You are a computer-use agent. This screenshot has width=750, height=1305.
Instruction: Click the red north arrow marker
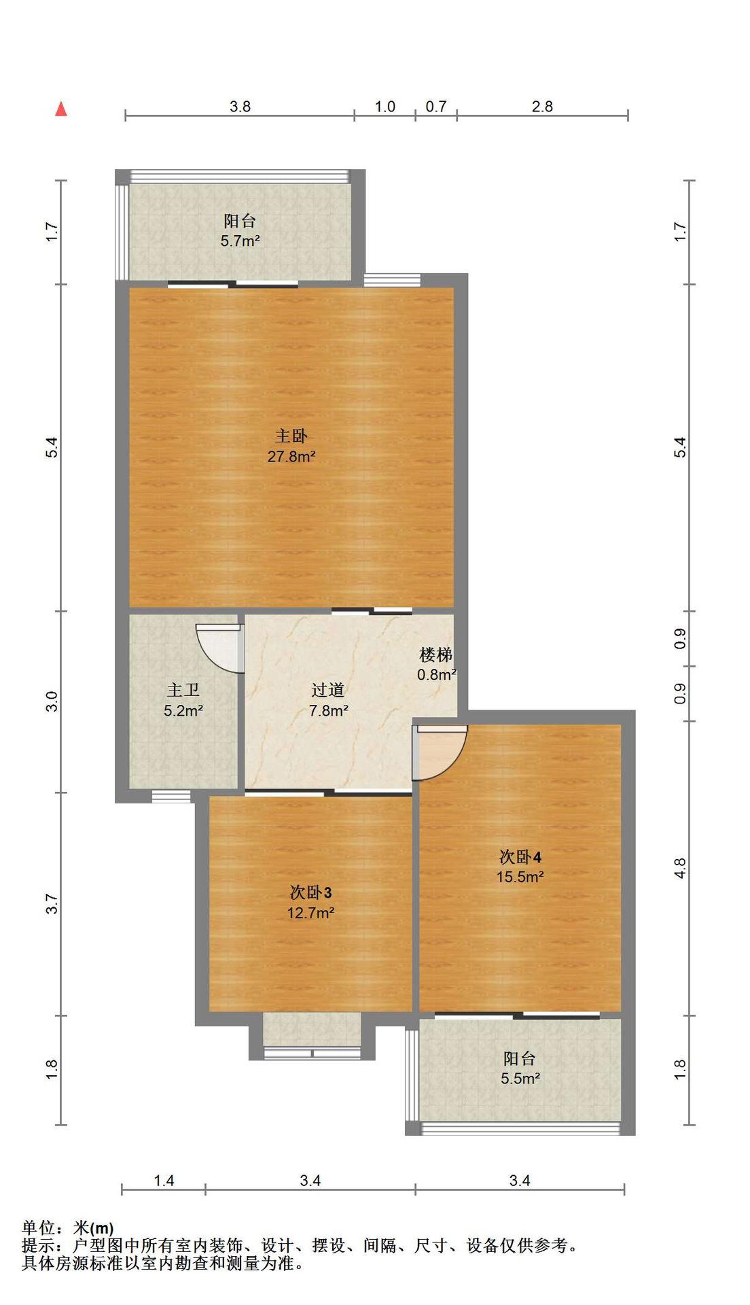[61, 109]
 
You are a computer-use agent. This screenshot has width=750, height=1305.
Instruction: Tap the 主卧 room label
[291, 436]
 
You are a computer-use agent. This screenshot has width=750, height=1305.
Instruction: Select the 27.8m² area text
[291, 456]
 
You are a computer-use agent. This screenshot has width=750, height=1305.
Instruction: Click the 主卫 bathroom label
[183, 690]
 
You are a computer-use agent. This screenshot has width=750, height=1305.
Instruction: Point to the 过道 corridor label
[328, 690]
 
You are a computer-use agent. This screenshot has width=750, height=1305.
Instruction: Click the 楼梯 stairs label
[436, 655]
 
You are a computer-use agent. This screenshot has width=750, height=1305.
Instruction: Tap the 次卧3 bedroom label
[310, 892]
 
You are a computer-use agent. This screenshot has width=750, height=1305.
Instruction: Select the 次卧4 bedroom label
[520, 856]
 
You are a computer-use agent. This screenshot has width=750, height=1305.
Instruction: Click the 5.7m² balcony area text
[240, 241]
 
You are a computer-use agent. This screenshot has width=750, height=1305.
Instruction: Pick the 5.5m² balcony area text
[520, 1078]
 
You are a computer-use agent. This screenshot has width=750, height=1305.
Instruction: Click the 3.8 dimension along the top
[240, 106]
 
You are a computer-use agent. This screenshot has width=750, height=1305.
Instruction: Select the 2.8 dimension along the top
[542, 106]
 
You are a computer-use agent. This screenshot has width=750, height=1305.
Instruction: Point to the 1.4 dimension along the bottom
[164, 1181]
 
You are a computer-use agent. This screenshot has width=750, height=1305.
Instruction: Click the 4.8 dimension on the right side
[680, 868]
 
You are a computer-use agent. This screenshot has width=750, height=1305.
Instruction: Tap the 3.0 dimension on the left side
[52, 701]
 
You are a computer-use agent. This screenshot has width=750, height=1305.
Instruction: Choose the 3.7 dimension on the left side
[52, 903]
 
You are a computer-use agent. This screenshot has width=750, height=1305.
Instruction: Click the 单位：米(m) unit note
[68, 1228]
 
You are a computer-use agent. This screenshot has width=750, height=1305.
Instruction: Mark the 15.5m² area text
[520, 877]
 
